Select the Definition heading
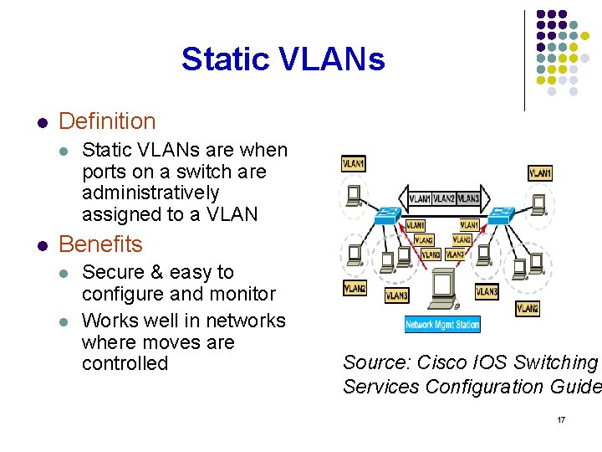(x=107, y=121)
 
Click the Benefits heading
(x=100, y=244)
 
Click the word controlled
(x=125, y=364)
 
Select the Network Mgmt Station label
(x=442, y=324)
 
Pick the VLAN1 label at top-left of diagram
(x=354, y=164)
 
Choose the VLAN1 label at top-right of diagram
(x=539, y=173)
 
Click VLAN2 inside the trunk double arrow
(x=444, y=198)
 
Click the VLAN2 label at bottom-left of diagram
(x=355, y=288)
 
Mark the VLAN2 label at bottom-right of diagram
(x=528, y=308)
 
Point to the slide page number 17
(x=561, y=419)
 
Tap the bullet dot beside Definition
(x=42, y=122)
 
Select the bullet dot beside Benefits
(x=42, y=245)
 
